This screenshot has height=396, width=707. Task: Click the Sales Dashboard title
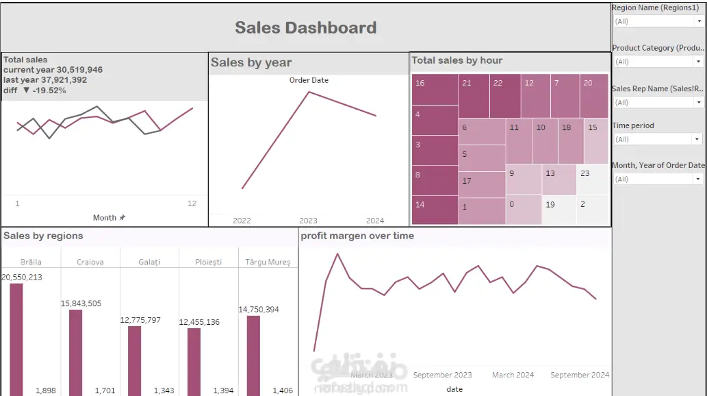[x=305, y=28]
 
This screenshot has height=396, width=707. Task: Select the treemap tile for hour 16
[x=435, y=89]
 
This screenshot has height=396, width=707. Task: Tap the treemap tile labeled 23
[x=592, y=180]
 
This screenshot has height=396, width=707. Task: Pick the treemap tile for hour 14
[x=435, y=210]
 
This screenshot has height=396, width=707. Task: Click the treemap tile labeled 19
[x=558, y=210]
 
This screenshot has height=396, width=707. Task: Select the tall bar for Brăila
[x=16, y=339]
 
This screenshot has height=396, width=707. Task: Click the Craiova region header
[x=90, y=262]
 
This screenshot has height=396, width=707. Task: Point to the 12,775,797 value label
[x=140, y=320]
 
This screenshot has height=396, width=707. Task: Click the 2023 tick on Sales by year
[x=308, y=221]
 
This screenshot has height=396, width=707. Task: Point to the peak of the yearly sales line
[x=309, y=92]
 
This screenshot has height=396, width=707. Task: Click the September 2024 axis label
[x=580, y=375]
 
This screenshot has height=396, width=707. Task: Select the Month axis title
[x=105, y=218]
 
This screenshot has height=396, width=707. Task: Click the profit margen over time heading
[x=357, y=236]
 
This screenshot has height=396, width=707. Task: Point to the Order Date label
[x=309, y=80]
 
